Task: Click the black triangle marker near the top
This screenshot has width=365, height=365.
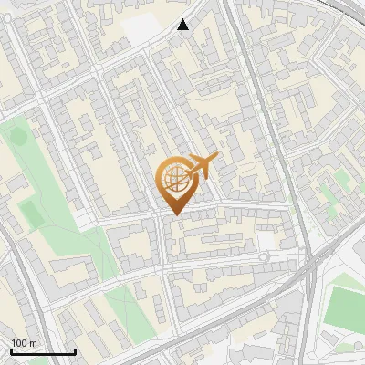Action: coord(183,25)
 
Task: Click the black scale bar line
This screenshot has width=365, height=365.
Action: coord(43,351)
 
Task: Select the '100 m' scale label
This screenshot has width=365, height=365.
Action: coord(24,343)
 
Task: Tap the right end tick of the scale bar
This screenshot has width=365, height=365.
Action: coord(75,349)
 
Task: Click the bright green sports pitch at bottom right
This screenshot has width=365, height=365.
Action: coord(344,308)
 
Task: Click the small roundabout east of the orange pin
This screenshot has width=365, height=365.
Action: coord(264,257)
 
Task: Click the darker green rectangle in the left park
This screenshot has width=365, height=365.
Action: coord(30,214)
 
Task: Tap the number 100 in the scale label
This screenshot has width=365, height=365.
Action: coord(19,343)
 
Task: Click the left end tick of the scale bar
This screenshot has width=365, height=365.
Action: coord(11,349)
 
